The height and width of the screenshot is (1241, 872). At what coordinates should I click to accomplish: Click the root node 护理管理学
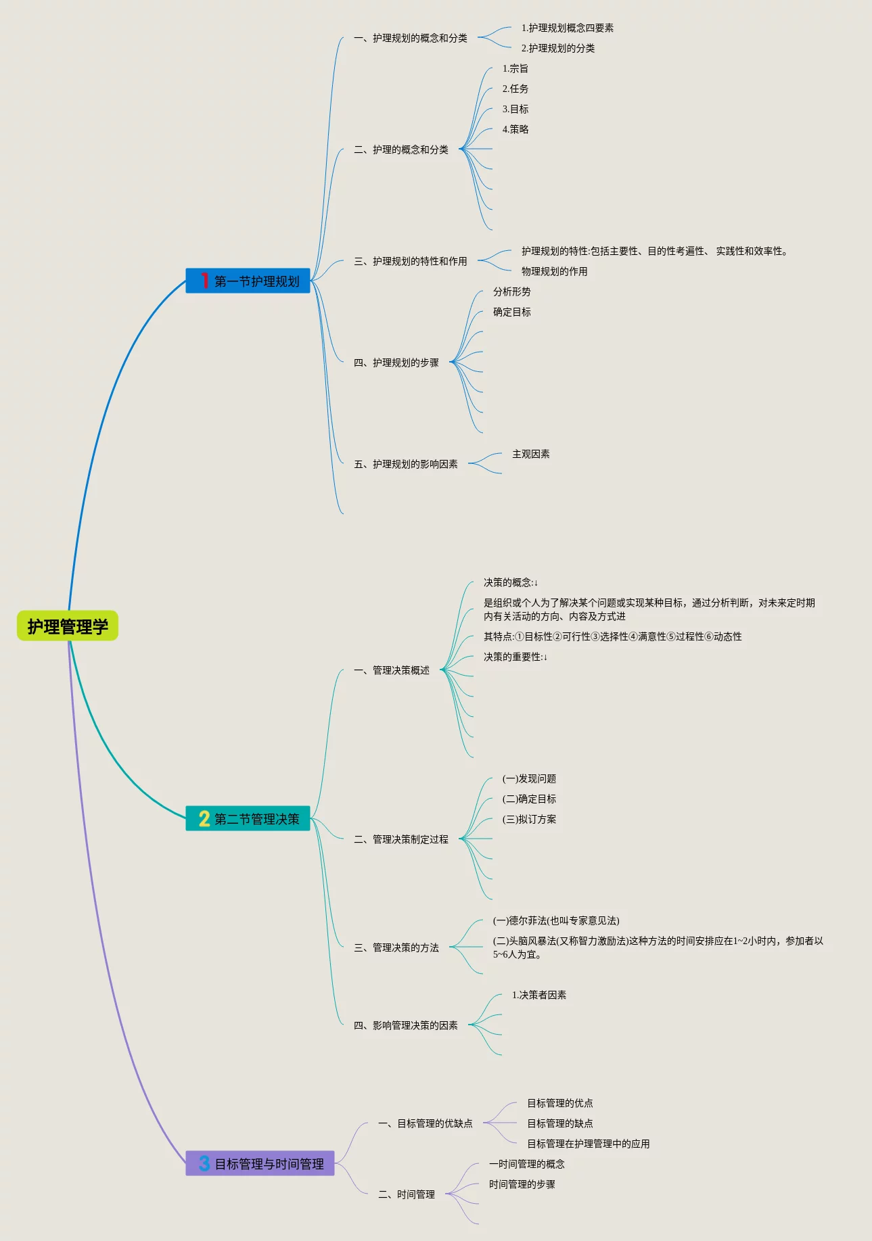point(68,626)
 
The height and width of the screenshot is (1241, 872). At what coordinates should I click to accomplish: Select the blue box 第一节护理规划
point(248,281)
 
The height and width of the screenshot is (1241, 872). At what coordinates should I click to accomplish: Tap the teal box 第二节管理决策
point(248,818)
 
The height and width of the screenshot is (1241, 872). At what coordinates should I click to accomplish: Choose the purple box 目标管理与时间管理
point(260,1163)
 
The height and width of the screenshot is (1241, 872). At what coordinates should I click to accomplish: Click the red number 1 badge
point(204,281)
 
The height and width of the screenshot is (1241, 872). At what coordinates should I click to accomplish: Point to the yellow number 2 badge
point(204,818)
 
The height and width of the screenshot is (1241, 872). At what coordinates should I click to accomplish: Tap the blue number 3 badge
point(204,1163)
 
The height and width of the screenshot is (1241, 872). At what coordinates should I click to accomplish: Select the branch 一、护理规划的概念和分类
point(411,39)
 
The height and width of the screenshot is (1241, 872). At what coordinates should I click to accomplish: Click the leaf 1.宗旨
point(515,69)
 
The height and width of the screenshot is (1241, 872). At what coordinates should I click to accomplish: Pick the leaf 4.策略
point(515,130)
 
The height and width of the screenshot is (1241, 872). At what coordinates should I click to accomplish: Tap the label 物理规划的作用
point(554,272)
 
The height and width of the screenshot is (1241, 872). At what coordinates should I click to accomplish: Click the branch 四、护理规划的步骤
point(396,363)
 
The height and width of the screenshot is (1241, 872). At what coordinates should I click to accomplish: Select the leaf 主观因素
point(531,454)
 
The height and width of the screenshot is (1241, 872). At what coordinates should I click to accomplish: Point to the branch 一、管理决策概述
point(392,671)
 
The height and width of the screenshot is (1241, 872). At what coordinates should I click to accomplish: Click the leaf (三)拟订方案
point(529,820)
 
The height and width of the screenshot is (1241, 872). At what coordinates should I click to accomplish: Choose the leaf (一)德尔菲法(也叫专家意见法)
point(556,921)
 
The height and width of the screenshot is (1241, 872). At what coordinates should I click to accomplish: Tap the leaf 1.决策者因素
point(539,996)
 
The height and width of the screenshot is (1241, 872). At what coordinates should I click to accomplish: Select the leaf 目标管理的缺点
point(560,1124)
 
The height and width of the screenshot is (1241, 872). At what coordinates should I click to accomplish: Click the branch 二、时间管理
point(407,1195)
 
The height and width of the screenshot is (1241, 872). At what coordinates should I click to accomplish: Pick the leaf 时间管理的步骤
point(522,1185)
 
